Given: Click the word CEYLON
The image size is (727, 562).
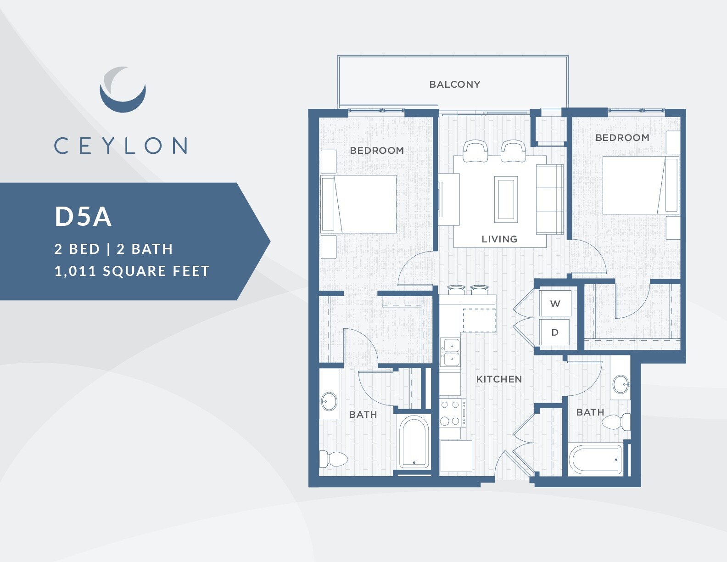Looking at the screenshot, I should (120, 146).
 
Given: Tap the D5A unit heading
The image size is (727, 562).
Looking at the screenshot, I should (83, 216).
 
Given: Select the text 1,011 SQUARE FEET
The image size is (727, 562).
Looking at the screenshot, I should (132, 271).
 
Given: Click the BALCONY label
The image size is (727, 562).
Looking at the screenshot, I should (454, 84).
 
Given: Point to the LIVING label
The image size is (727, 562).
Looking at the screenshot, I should (499, 239).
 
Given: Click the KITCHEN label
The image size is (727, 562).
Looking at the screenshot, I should (499, 379).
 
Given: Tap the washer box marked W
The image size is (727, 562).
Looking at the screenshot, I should (555, 303).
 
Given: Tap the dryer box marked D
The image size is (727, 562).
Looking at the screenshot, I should (555, 332).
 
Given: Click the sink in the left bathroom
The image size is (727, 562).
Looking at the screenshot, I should (329, 401).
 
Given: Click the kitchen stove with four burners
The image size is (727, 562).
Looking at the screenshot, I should (453, 413).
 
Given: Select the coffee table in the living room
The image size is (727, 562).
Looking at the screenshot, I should (505, 199).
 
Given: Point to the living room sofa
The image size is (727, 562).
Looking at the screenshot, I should (550, 200).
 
